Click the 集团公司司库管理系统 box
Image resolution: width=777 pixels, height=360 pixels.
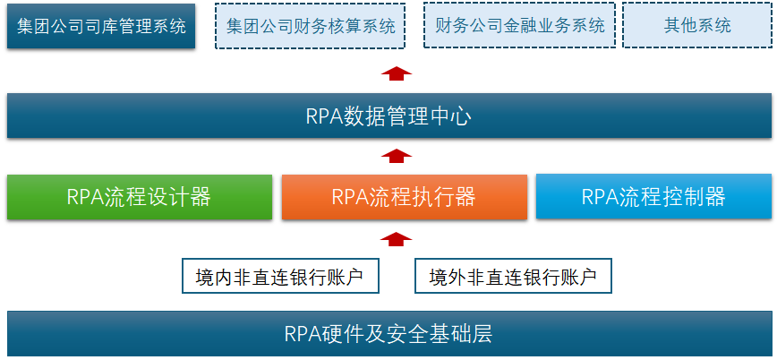(x=100, y=25)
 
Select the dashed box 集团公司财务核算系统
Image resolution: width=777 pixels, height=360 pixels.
(x=311, y=25)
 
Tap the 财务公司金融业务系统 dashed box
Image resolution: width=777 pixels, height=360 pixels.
(x=519, y=25)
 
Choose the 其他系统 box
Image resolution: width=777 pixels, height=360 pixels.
(x=696, y=25)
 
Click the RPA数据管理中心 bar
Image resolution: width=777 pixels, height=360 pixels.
(x=388, y=116)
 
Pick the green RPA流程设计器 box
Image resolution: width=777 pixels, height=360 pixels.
(x=139, y=197)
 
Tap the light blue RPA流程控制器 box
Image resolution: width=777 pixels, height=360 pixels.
(x=653, y=197)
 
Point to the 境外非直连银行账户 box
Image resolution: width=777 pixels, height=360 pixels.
(x=513, y=277)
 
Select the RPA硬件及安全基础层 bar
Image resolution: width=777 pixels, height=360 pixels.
(x=388, y=334)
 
